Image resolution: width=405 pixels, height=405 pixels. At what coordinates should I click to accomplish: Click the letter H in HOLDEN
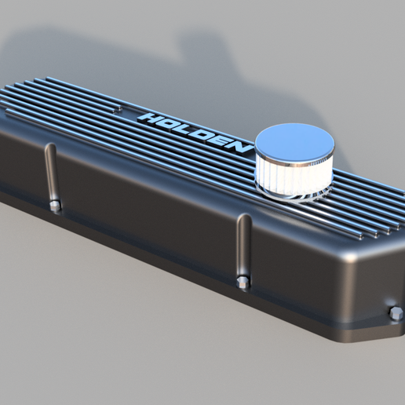tap(147, 118)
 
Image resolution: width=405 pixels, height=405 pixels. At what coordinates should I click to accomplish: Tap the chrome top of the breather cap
tap(296, 144)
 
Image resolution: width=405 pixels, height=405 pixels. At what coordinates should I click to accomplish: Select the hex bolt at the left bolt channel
tap(54, 206)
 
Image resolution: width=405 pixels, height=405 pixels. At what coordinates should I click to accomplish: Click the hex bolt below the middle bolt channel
tap(242, 282)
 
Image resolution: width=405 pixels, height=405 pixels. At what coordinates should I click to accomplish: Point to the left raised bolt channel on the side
tap(51, 171)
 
